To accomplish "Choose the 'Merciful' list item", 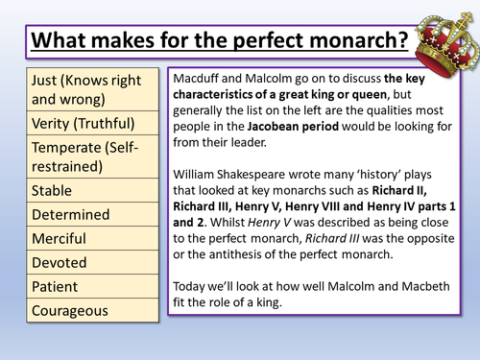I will (x=59, y=237).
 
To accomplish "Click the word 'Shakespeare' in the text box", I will (x=275, y=183).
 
